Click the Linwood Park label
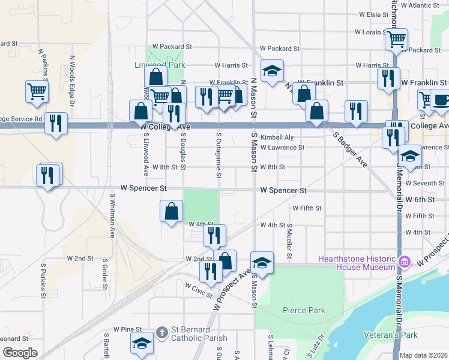pos(159,65)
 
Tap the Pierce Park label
pos(304,310)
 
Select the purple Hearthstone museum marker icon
pos(405,261)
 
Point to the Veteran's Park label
pos(390,334)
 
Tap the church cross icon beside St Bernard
pos(161,331)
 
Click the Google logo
pos(20,353)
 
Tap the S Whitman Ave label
pos(112,215)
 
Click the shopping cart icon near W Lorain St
pos(396,40)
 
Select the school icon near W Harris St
pos(272,71)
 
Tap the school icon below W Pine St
pos(142,343)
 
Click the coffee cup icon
pos(441,100)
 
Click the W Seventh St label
pos(424,183)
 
